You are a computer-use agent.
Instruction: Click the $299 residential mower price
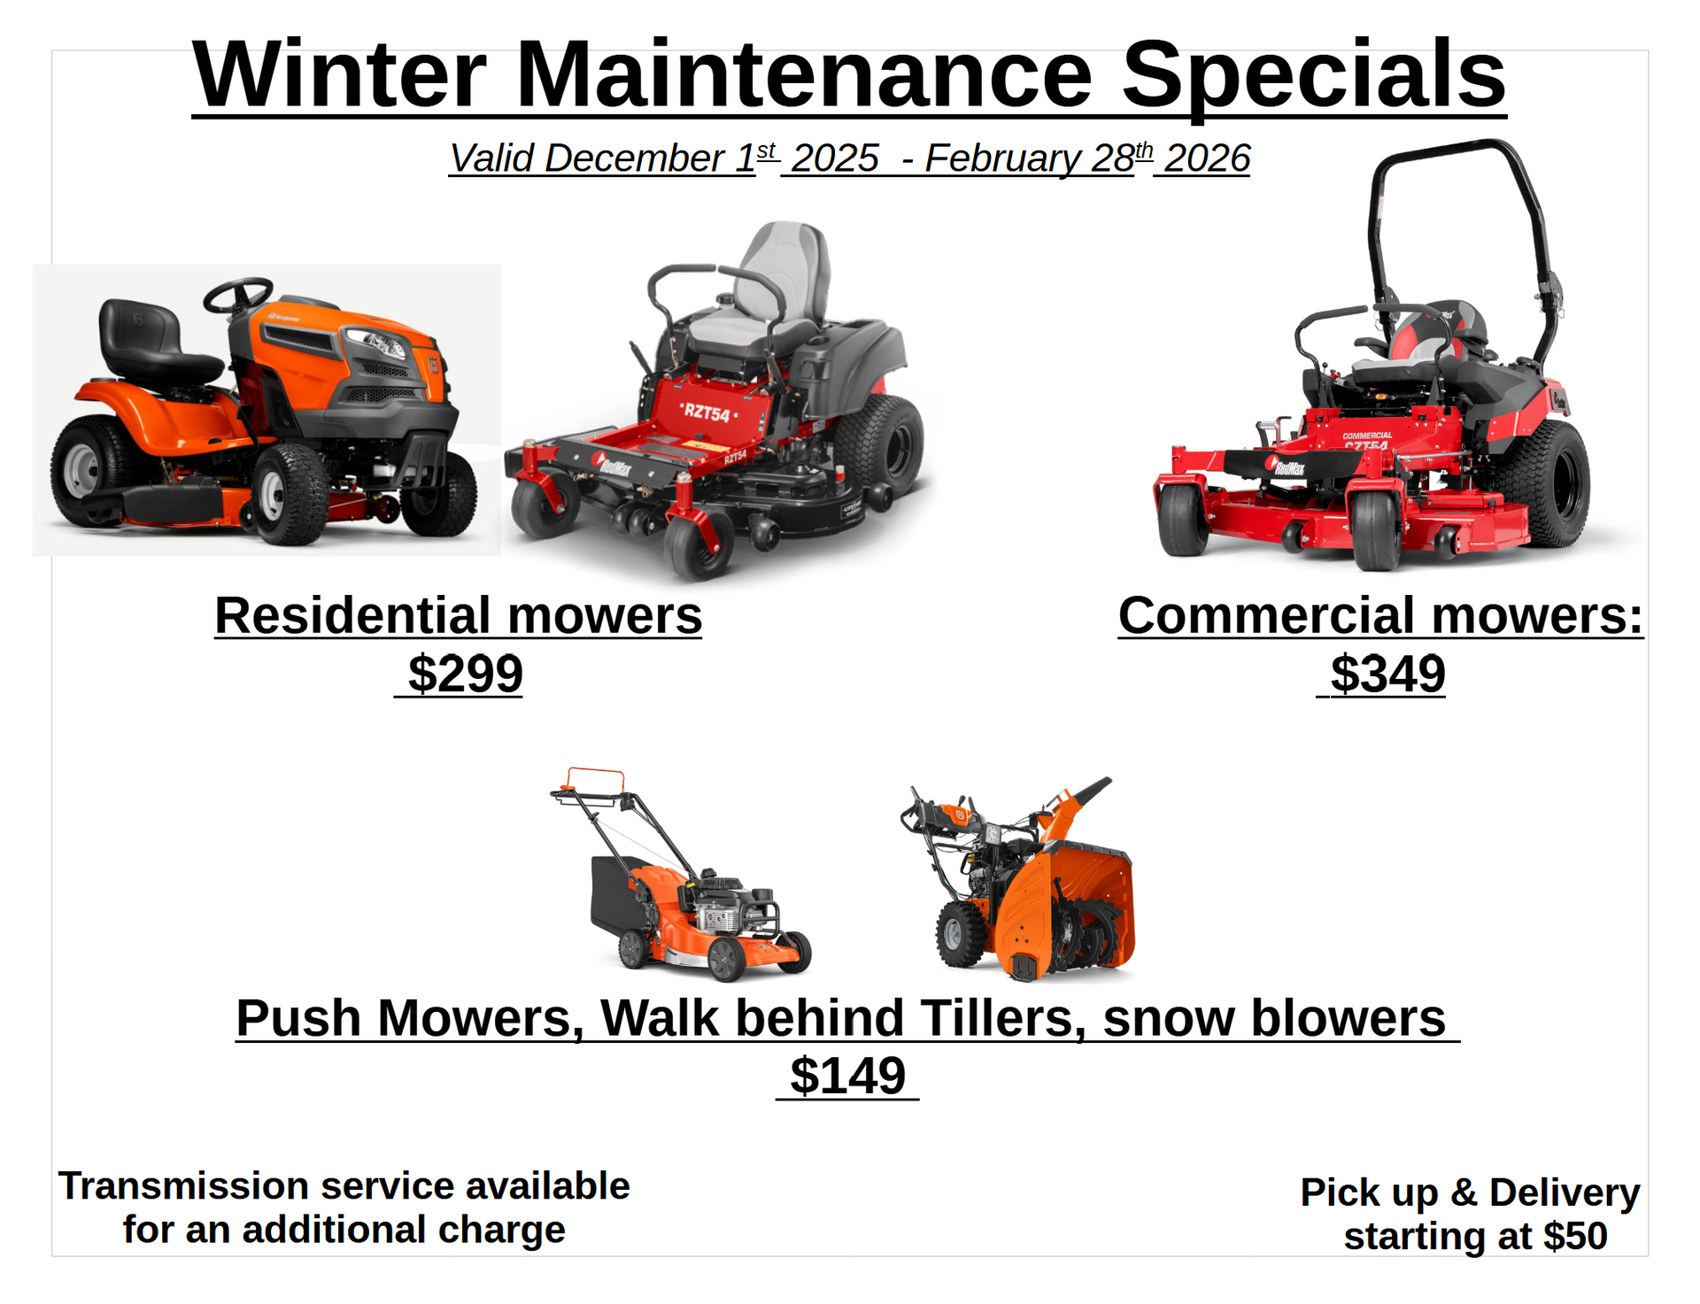(465, 675)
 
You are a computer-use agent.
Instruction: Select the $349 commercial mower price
(1387, 675)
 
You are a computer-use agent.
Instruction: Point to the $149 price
(847, 1076)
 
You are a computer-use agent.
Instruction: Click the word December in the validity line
(635, 159)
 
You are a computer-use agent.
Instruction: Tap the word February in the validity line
(1002, 159)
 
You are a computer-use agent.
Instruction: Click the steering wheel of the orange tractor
(237, 295)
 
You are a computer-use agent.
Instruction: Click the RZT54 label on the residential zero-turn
(707, 413)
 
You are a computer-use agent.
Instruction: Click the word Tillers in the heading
(1002, 1018)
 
